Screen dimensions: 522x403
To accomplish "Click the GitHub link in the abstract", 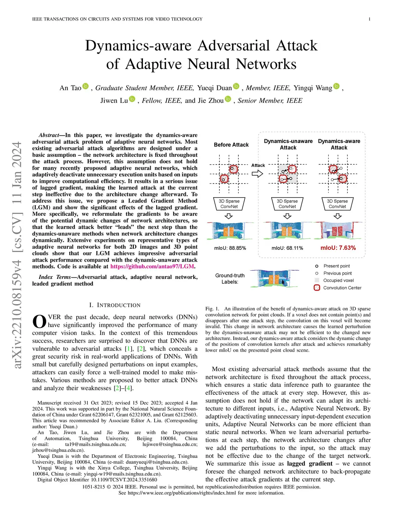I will [x=152, y=266].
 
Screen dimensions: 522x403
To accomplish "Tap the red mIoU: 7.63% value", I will [x=338, y=248].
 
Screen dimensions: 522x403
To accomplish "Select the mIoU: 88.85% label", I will [x=230, y=248].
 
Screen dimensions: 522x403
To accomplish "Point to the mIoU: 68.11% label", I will [x=287, y=248].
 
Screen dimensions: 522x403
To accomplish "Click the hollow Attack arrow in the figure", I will [x=257, y=173].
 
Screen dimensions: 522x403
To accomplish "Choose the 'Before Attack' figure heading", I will [x=231, y=145].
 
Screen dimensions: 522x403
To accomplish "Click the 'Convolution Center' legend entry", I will [x=342, y=288].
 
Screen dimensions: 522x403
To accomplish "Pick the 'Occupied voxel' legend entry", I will [x=338, y=281].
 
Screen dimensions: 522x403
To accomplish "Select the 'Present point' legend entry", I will [x=336, y=266].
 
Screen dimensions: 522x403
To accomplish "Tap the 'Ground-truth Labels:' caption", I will [x=230, y=279].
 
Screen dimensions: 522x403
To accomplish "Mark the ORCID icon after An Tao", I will [x=85, y=86].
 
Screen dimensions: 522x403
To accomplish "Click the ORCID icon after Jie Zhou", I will [x=228, y=99].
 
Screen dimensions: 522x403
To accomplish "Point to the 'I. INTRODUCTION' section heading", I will [x=115, y=305].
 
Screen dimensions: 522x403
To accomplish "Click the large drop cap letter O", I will [x=39, y=321].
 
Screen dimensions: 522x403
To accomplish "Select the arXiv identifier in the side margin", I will [x=17, y=255].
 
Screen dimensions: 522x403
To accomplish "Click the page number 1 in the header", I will [x=369, y=19].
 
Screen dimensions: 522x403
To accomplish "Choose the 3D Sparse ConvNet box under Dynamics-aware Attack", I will [x=337, y=204].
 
